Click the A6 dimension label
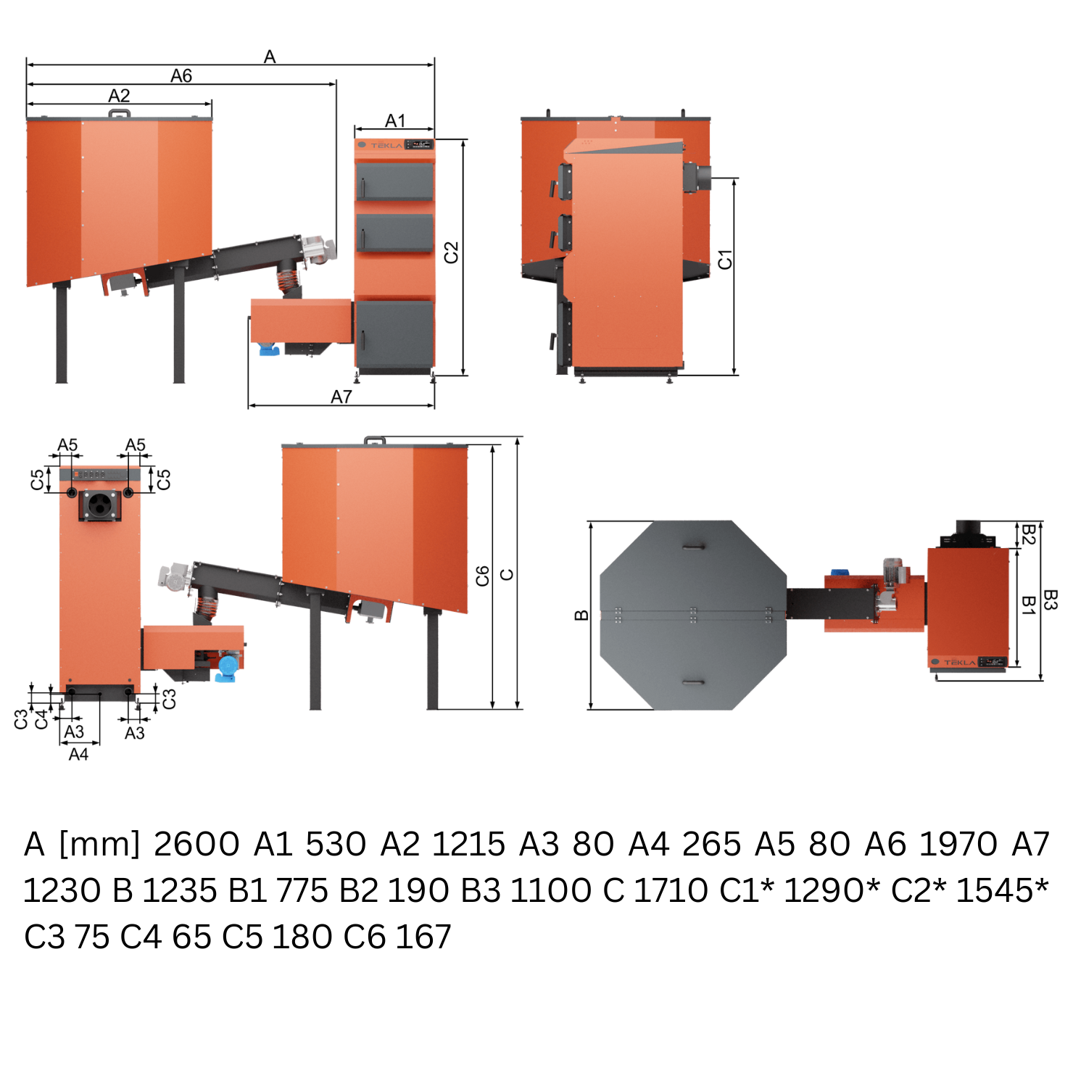181,75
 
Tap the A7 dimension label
341,397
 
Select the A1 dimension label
395,120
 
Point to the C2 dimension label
451,252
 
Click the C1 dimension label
725,260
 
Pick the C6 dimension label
483,576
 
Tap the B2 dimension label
1028,534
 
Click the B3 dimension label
1051,600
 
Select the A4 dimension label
78,755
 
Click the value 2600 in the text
196,844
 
